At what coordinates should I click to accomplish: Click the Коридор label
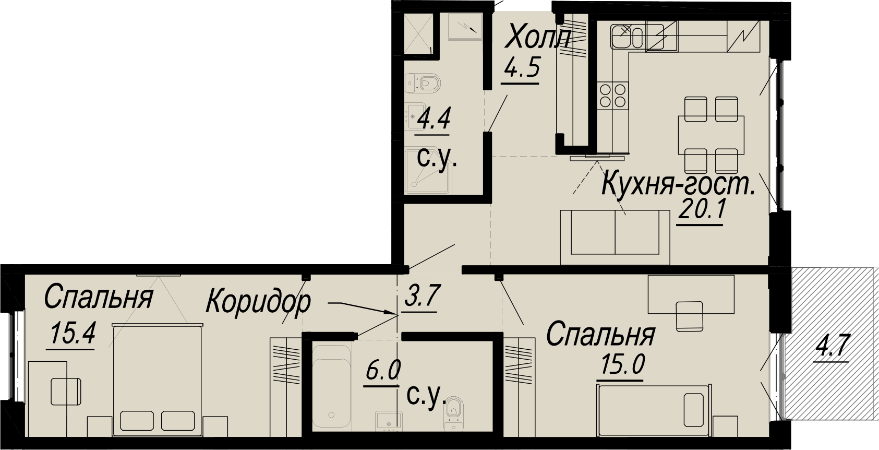258,302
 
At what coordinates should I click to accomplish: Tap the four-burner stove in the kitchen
612,96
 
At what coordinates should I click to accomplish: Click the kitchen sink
627,37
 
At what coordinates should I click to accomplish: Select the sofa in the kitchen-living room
615,238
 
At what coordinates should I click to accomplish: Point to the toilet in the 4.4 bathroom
424,83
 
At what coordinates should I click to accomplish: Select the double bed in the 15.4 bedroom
158,380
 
